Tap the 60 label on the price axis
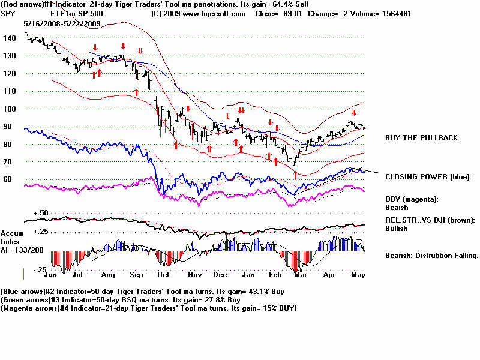tap(8, 179)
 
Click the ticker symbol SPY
tap(8, 14)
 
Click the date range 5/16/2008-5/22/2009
tap(62, 23)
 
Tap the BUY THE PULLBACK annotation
tap(421, 138)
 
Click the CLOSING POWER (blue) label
tap(428, 176)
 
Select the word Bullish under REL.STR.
tap(397, 229)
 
